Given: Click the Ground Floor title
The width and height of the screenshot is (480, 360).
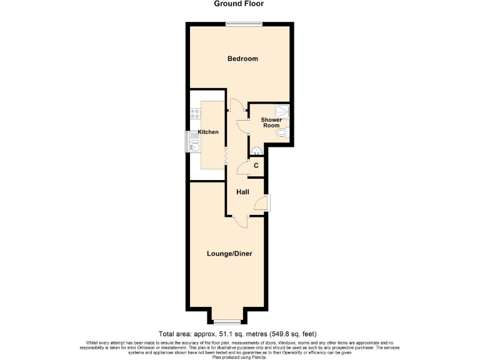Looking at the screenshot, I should (239, 4).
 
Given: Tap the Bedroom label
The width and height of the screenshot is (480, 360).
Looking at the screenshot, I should (242, 59).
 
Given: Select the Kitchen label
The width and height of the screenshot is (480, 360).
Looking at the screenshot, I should (209, 132).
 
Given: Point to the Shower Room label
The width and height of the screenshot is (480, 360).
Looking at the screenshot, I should (271, 122).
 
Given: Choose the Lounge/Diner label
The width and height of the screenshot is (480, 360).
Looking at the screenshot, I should (230, 254).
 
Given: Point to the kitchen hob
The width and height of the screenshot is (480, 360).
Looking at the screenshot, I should (194, 114).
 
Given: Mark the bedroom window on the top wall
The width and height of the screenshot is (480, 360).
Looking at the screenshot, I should (244, 24).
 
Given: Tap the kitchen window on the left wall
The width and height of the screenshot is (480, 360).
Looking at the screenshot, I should (186, 141).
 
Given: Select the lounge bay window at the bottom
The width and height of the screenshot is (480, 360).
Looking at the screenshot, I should (226, 323).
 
